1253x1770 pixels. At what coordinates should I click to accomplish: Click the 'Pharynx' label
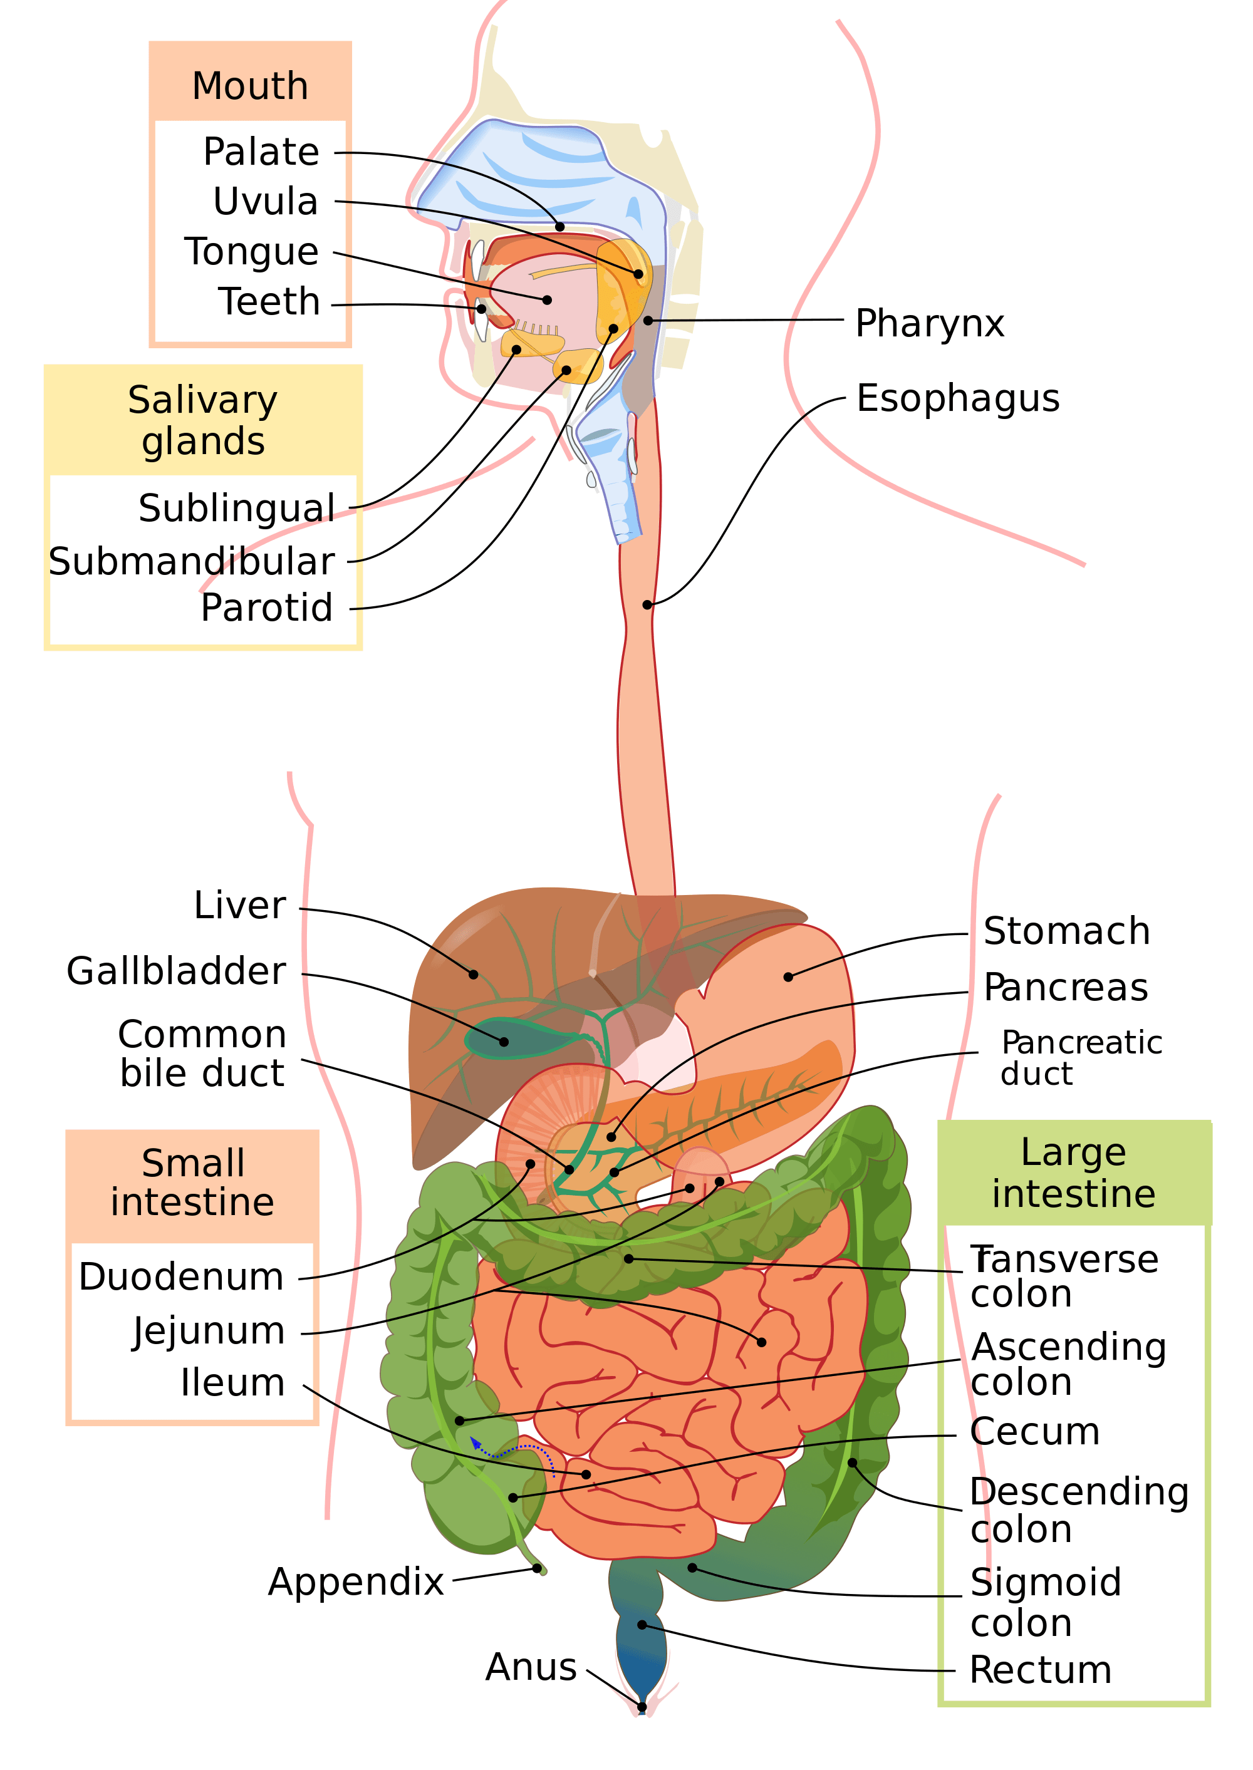click(929, 324)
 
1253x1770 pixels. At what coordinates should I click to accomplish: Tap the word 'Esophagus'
click(957, 400)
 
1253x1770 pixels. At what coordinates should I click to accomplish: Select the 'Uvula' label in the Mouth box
click(266, 202)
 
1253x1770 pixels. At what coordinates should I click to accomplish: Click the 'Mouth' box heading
click(250, 86)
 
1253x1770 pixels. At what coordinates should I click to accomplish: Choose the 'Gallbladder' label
click(176, 971)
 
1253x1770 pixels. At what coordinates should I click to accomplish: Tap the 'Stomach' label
click(1066, 931)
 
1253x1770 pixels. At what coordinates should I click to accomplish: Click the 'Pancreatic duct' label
click(1080, 1058)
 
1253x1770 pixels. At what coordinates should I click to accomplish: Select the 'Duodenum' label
click(181, 1276)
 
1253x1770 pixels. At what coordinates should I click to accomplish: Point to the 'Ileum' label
click(232, 1383)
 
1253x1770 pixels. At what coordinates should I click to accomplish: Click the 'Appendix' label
click(356, 1582)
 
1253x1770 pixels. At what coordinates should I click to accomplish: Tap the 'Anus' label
click(531, 1667)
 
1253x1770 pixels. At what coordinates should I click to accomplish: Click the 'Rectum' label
click(1040, 1670)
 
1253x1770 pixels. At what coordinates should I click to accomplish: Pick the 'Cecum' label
click(1034, 1432)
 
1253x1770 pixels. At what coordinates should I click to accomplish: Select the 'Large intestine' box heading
click(1073, 1173)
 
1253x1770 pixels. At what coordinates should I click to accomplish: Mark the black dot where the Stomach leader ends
click(788, 977)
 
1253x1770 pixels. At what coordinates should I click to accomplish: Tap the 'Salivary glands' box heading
click(203, 421)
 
